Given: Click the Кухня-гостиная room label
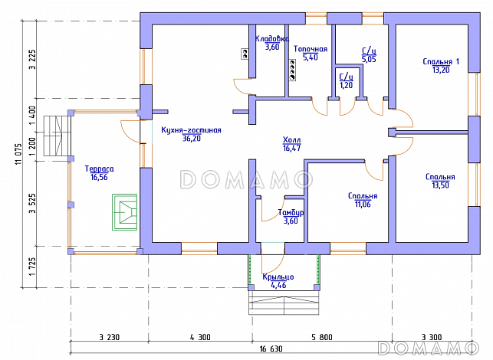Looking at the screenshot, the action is [x=191, y=130].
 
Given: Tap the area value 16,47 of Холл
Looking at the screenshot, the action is [x=292, y=149].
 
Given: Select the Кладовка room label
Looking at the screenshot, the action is [x=272, y=39].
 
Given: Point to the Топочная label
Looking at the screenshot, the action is [x=311, y=49].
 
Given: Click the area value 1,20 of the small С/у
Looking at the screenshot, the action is [x=346, y=85].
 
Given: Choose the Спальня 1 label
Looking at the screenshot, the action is [x=441, y=61].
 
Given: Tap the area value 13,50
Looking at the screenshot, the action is [x=440, y=185].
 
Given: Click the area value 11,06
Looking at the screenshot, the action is [x=363, y=205].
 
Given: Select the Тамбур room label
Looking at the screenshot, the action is [x=291, y=213].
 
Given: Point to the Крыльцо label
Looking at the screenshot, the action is [x=278, y=277].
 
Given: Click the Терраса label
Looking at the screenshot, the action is [x=100, y=169].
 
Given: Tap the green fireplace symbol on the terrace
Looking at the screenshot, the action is [x=124, y=212].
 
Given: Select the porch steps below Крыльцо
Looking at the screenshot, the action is [x=284, y=303].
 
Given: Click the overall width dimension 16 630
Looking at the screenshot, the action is [x=271, y=349].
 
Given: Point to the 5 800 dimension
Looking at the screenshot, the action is [x=322, y=337].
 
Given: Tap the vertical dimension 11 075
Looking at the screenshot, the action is [x=18, y=154].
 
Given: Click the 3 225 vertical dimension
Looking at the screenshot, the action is [x=33, y=60].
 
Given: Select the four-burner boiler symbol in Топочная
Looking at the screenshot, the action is [x=292, y=70].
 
